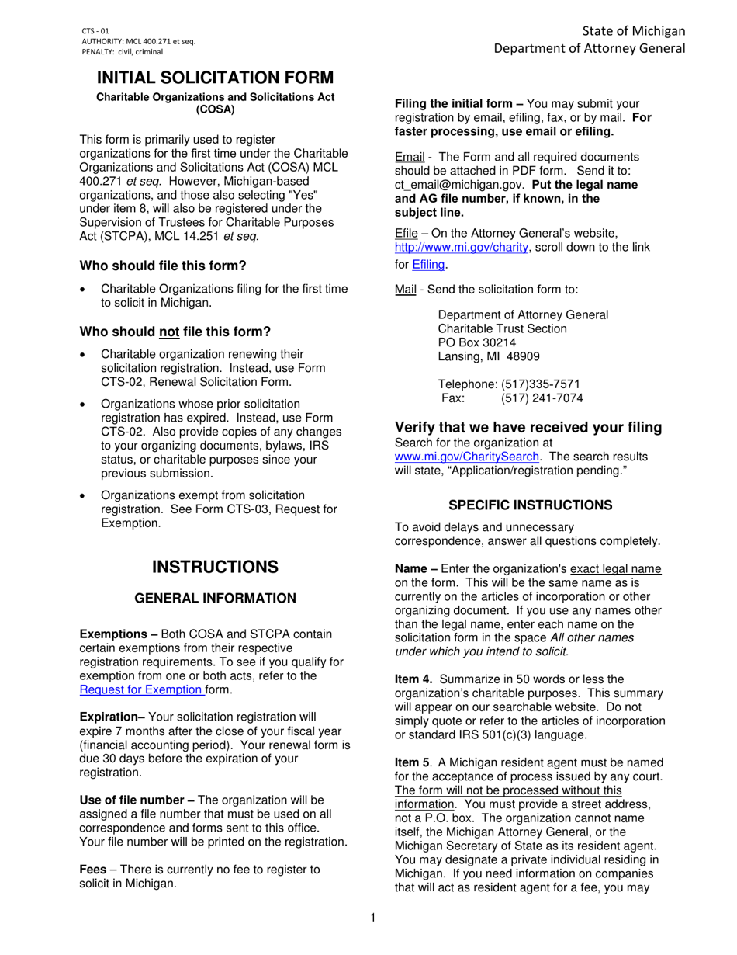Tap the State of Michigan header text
click(634, 30)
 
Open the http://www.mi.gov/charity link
click(462, 247)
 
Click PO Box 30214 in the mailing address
click(477, 342)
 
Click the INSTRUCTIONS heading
click(215, 567)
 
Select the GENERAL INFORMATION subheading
click(216, 598)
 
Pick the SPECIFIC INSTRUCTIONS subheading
click(531, 505)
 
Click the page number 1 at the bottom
click(372, 919)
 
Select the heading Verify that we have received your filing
click(528, 427)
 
